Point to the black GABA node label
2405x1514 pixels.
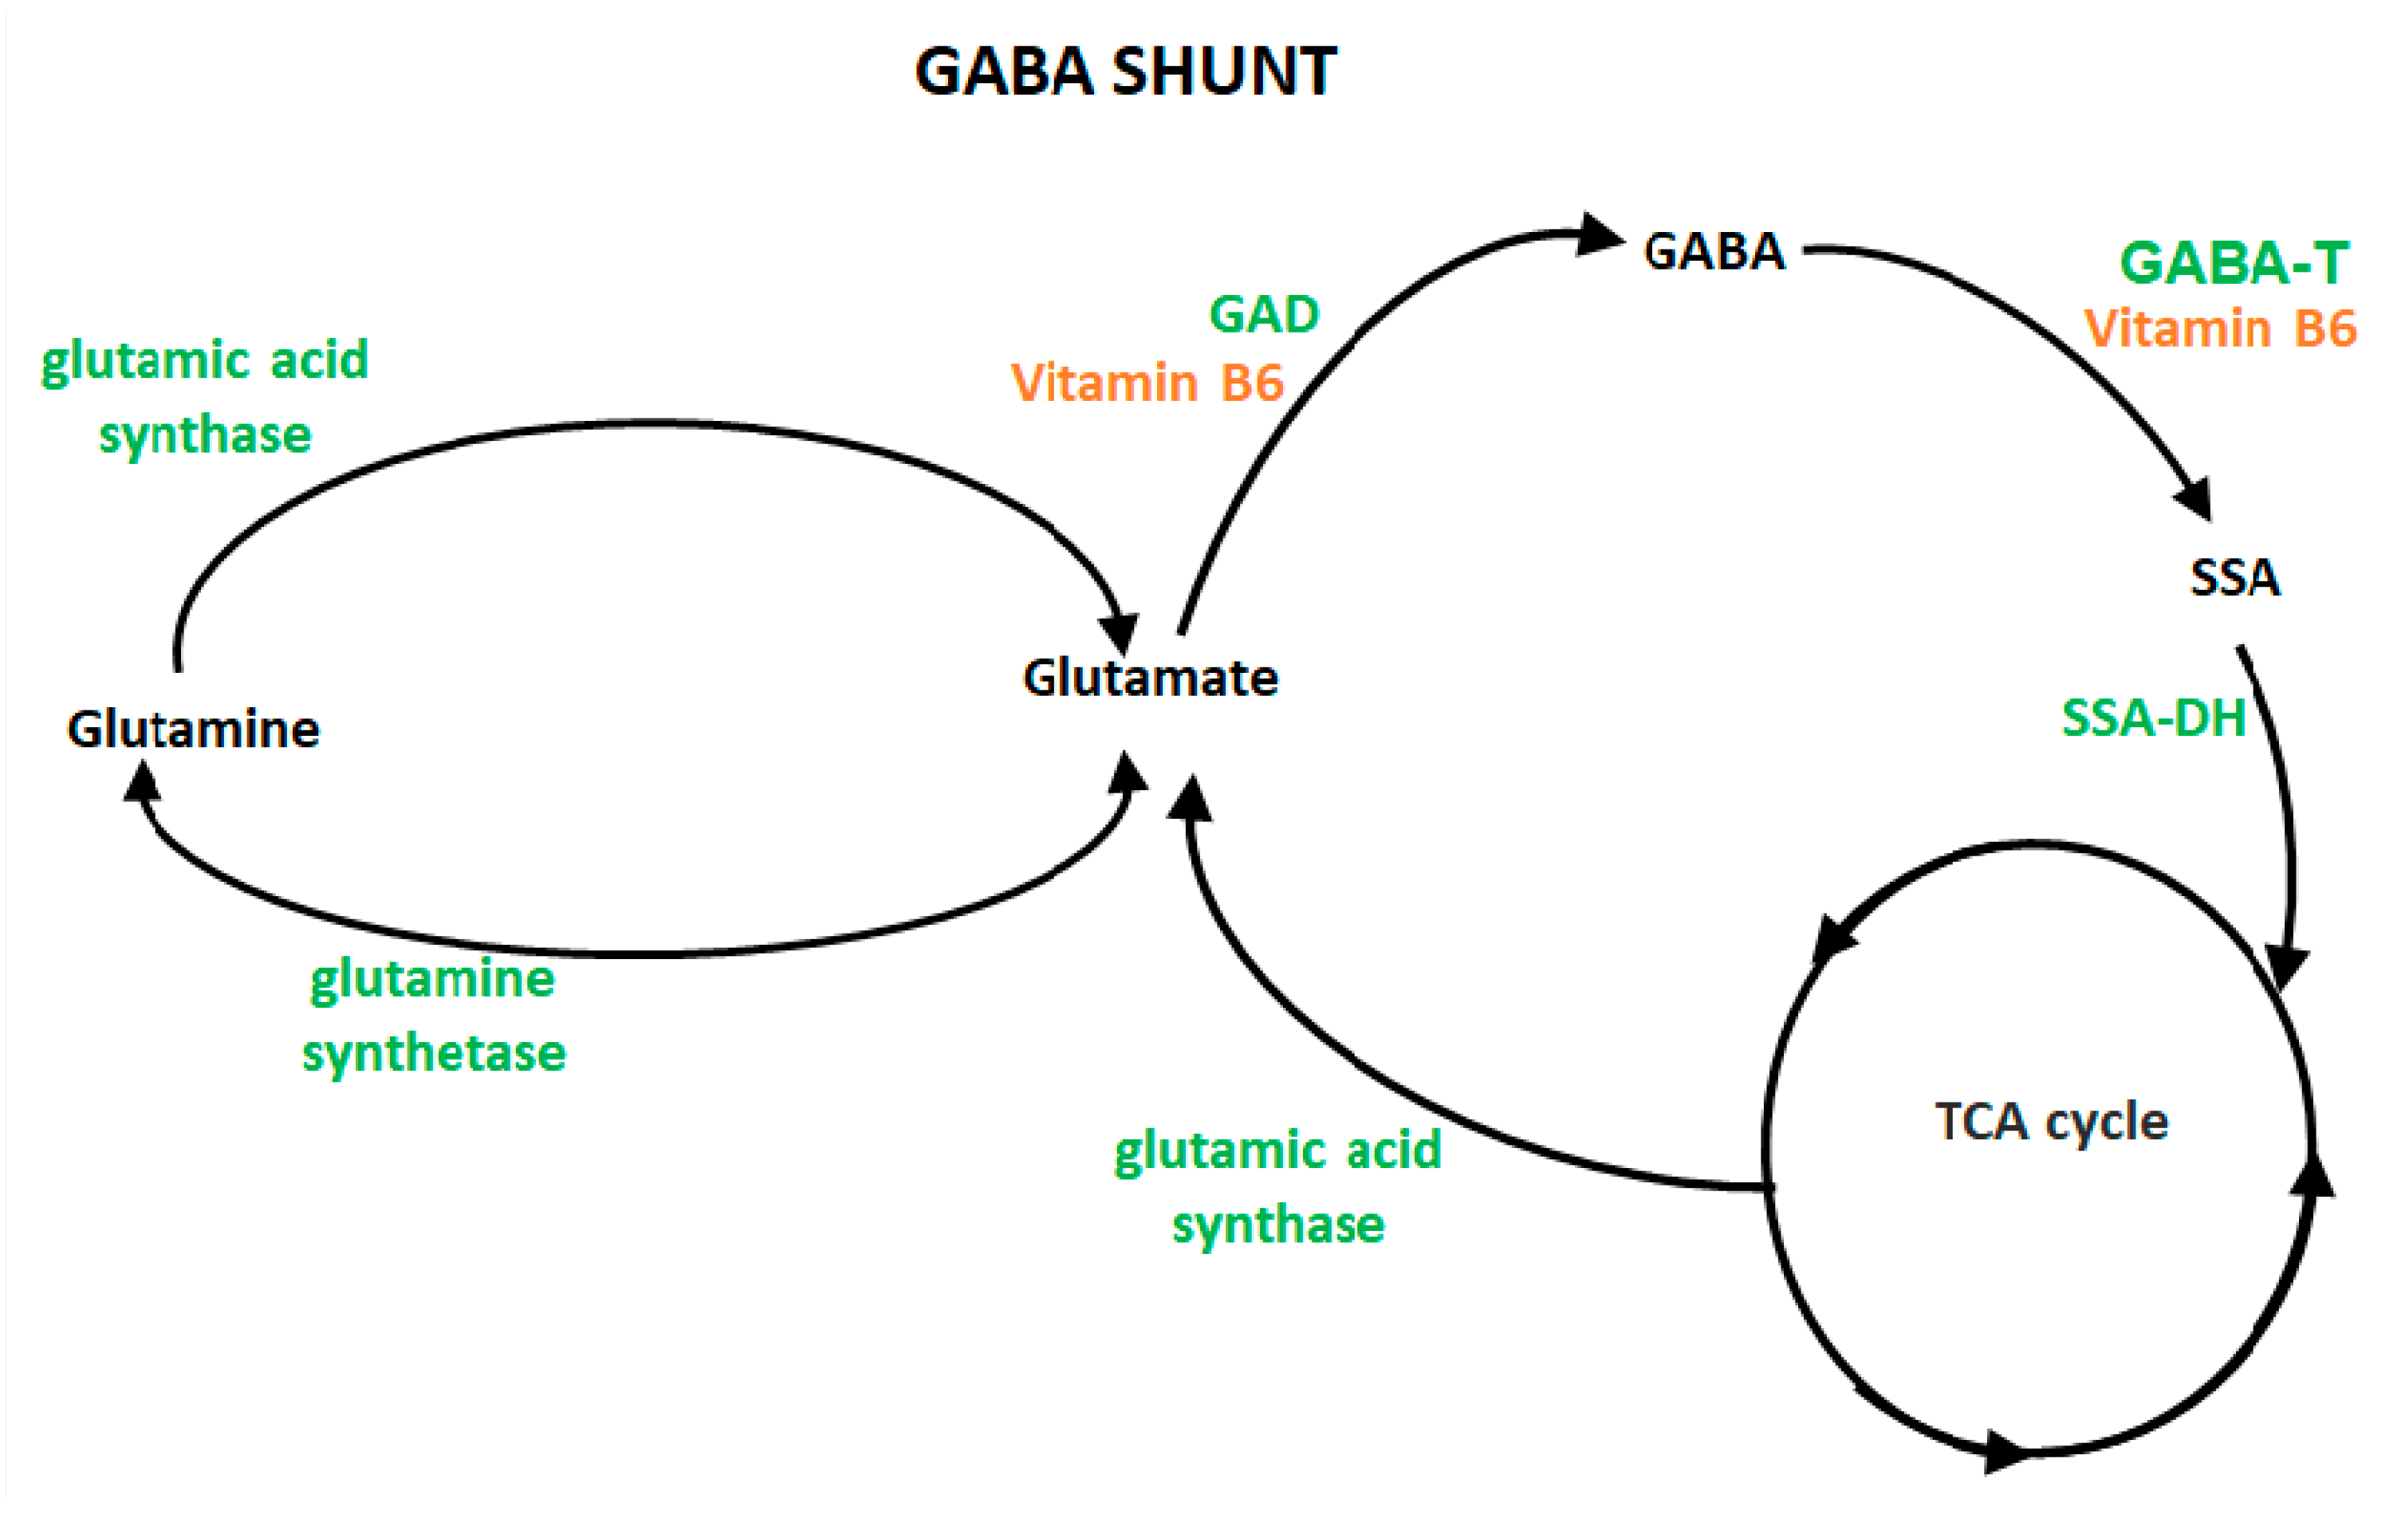[x=1714, y=250]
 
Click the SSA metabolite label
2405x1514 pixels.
[x=2234, y=577]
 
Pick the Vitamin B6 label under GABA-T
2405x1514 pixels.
[x=2220, y=328]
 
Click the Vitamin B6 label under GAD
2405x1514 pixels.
[x=1147, y=383]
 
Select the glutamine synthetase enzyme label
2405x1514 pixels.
[x=434, y=1015]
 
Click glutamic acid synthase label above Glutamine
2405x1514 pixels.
[x=205, y=396]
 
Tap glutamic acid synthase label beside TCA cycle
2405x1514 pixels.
[x=1277, y=1186]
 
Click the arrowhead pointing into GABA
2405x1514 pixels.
[x=1601, y=236]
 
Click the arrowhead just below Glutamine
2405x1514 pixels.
[x=143, y=782]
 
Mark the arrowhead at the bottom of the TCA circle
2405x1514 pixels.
[x=2005, y=1450]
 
